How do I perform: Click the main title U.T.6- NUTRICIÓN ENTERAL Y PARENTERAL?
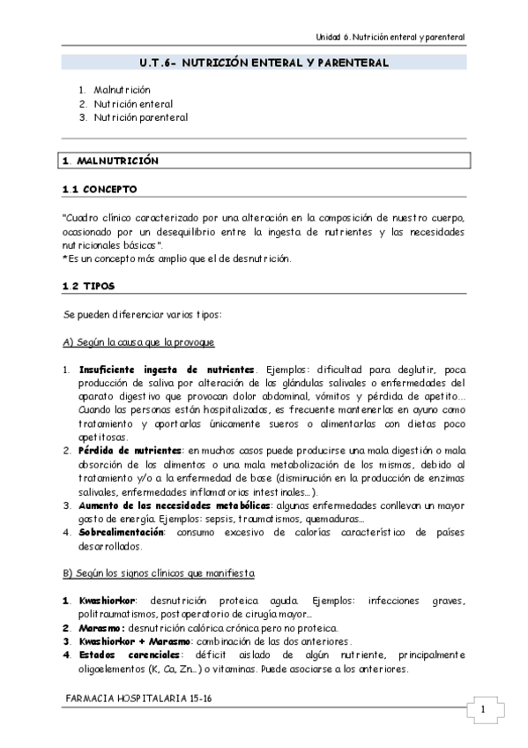[264, 64]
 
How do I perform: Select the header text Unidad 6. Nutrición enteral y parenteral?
[390, 36]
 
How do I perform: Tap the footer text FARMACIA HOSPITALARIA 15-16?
[139, 698]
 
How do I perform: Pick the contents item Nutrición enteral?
[133, 103]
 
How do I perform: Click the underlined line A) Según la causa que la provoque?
[139, 341]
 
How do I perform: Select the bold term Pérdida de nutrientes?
[131, 451]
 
